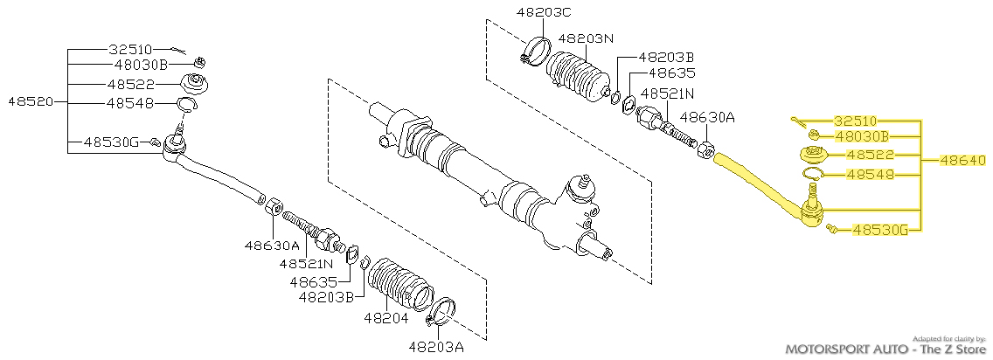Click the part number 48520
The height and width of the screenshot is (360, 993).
pyautogui.click(x=31, y=101)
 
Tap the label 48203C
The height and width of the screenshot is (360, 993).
pyautogui.click(x=544, y=12)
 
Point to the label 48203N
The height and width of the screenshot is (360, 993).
pyautogui.click(x=586, y=38)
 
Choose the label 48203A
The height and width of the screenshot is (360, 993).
pyautogui.click(x=436, y=346)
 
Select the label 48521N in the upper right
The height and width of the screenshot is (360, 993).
pyautogui.click(x=668, y=93)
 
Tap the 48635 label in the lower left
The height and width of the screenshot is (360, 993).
pyautogui.click(x=313, y=280)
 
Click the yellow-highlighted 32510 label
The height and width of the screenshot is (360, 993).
pyautogui.click(x=855, y=121)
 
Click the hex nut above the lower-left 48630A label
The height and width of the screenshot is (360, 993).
pyautogui.click(x=272, y=206)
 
